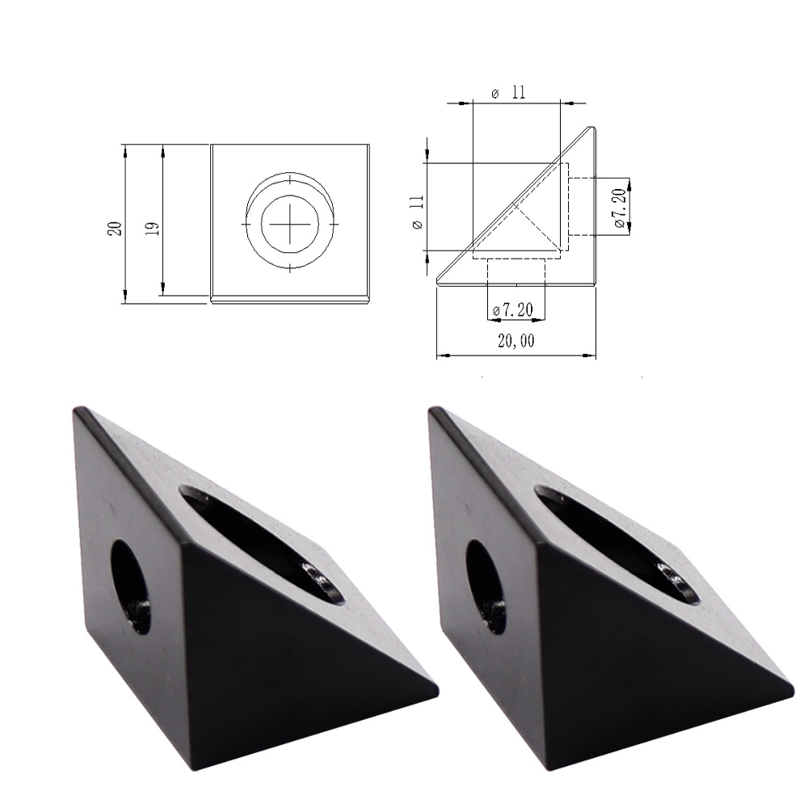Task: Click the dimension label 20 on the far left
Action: [115, 229]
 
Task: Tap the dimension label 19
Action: [153, 229]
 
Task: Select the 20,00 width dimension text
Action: [516, 341]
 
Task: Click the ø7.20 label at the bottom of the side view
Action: [513, 310]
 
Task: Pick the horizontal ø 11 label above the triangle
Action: [509, 93]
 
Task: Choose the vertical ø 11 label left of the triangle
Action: [419, 212]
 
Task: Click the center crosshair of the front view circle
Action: [289, 224]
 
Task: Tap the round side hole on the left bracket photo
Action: [132, 587]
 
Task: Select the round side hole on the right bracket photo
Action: [486, 587]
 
